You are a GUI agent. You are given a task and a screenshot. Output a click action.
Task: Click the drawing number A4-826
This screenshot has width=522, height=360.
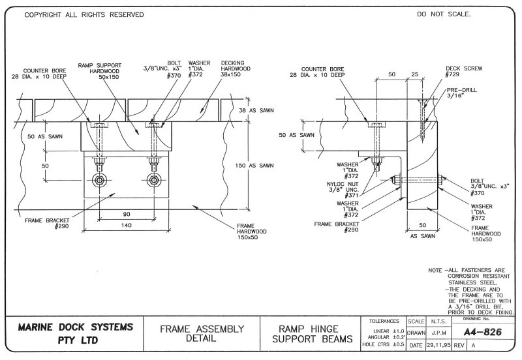pos(484,331)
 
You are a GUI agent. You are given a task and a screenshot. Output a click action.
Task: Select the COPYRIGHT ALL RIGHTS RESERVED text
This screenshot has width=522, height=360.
pos(84,14)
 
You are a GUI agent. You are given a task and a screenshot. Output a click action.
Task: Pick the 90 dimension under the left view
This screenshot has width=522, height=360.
pos(127,213)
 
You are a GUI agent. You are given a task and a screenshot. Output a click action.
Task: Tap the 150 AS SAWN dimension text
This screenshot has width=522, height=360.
pos(253,166)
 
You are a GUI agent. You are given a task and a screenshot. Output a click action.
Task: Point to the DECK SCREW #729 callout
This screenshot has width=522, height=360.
pos(462,70)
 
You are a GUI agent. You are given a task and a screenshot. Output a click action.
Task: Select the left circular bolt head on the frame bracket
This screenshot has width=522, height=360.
pos(100,180)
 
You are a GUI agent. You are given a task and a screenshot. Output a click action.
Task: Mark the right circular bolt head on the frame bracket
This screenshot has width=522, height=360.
pos(153,180)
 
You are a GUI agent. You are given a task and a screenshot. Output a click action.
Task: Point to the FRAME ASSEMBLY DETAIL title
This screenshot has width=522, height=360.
pos(193,334)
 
